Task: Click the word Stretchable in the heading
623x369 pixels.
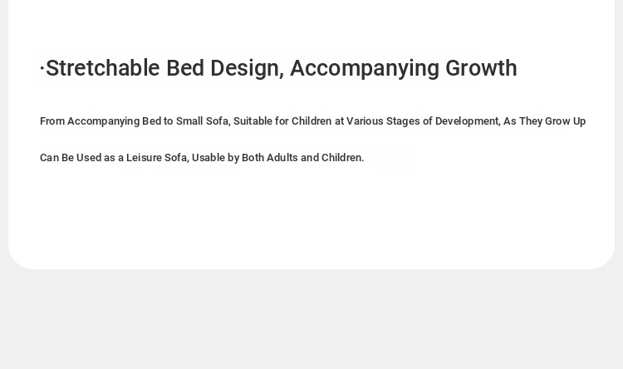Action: [x=103, y=68]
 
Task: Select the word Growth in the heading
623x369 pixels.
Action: [x=481, y=68]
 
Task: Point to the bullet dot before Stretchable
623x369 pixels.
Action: [x=42, y=68]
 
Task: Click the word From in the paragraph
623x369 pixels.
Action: [x=52, y=121]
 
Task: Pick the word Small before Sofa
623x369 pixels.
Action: [x=189, y=121]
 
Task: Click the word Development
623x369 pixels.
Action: [x=468, y=121]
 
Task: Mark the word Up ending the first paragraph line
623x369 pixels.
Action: [x=579, y=121]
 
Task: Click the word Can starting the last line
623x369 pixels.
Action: [x=49, y=157]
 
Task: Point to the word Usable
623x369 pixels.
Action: [x=208, y=157]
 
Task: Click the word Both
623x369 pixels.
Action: [x=253, y=157]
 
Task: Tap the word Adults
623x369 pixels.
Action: [x=282, y=157]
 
